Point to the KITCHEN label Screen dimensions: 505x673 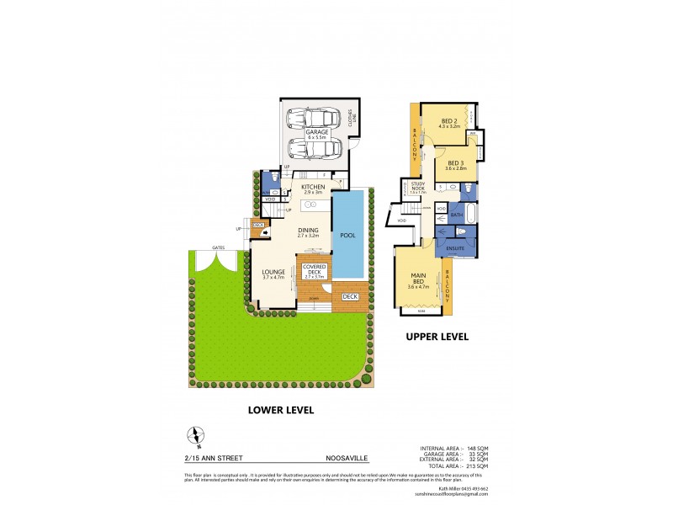pos(313,186)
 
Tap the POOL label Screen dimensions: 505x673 pos(347,235)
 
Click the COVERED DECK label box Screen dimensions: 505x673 pos(313,270)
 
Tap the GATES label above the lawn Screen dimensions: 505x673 pos(218,247)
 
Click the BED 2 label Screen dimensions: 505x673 pos(449,121)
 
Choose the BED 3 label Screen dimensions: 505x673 pos(455,162)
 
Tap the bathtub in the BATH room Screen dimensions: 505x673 pos(469,215)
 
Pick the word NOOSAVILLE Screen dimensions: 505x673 pos(347,459)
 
